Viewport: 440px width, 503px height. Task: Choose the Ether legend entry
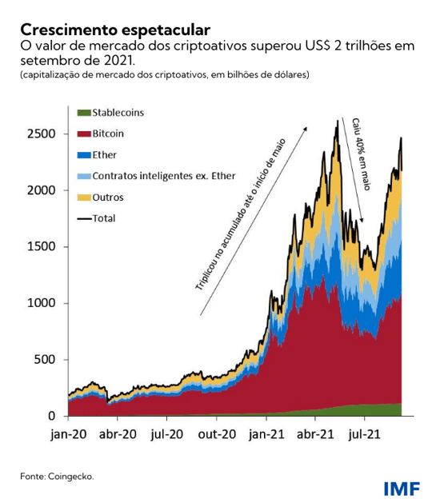click(104, 154)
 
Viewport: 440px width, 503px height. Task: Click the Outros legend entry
click(107, 196)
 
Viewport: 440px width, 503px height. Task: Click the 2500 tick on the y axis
click(42, 134)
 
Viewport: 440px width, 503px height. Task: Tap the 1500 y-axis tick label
click(42, 246)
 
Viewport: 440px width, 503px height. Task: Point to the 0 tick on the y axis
click(52, 416)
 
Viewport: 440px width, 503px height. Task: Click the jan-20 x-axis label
click(68, 436)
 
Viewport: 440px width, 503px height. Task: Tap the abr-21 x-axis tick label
click(315, 436)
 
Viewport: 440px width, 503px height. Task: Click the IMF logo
click(405, 488)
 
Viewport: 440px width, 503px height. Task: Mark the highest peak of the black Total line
click(337, 121)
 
